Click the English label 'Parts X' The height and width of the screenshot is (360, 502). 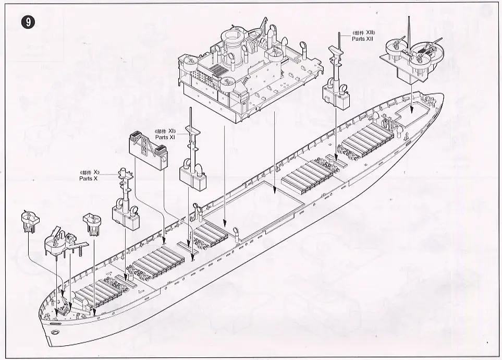coord(89,178)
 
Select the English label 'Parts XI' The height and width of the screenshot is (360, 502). coord(165,137)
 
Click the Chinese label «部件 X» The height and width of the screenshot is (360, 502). coord(89,172)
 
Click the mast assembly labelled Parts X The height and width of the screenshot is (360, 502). coord(124,198)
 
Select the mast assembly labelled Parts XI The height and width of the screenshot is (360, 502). coord(191,162)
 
